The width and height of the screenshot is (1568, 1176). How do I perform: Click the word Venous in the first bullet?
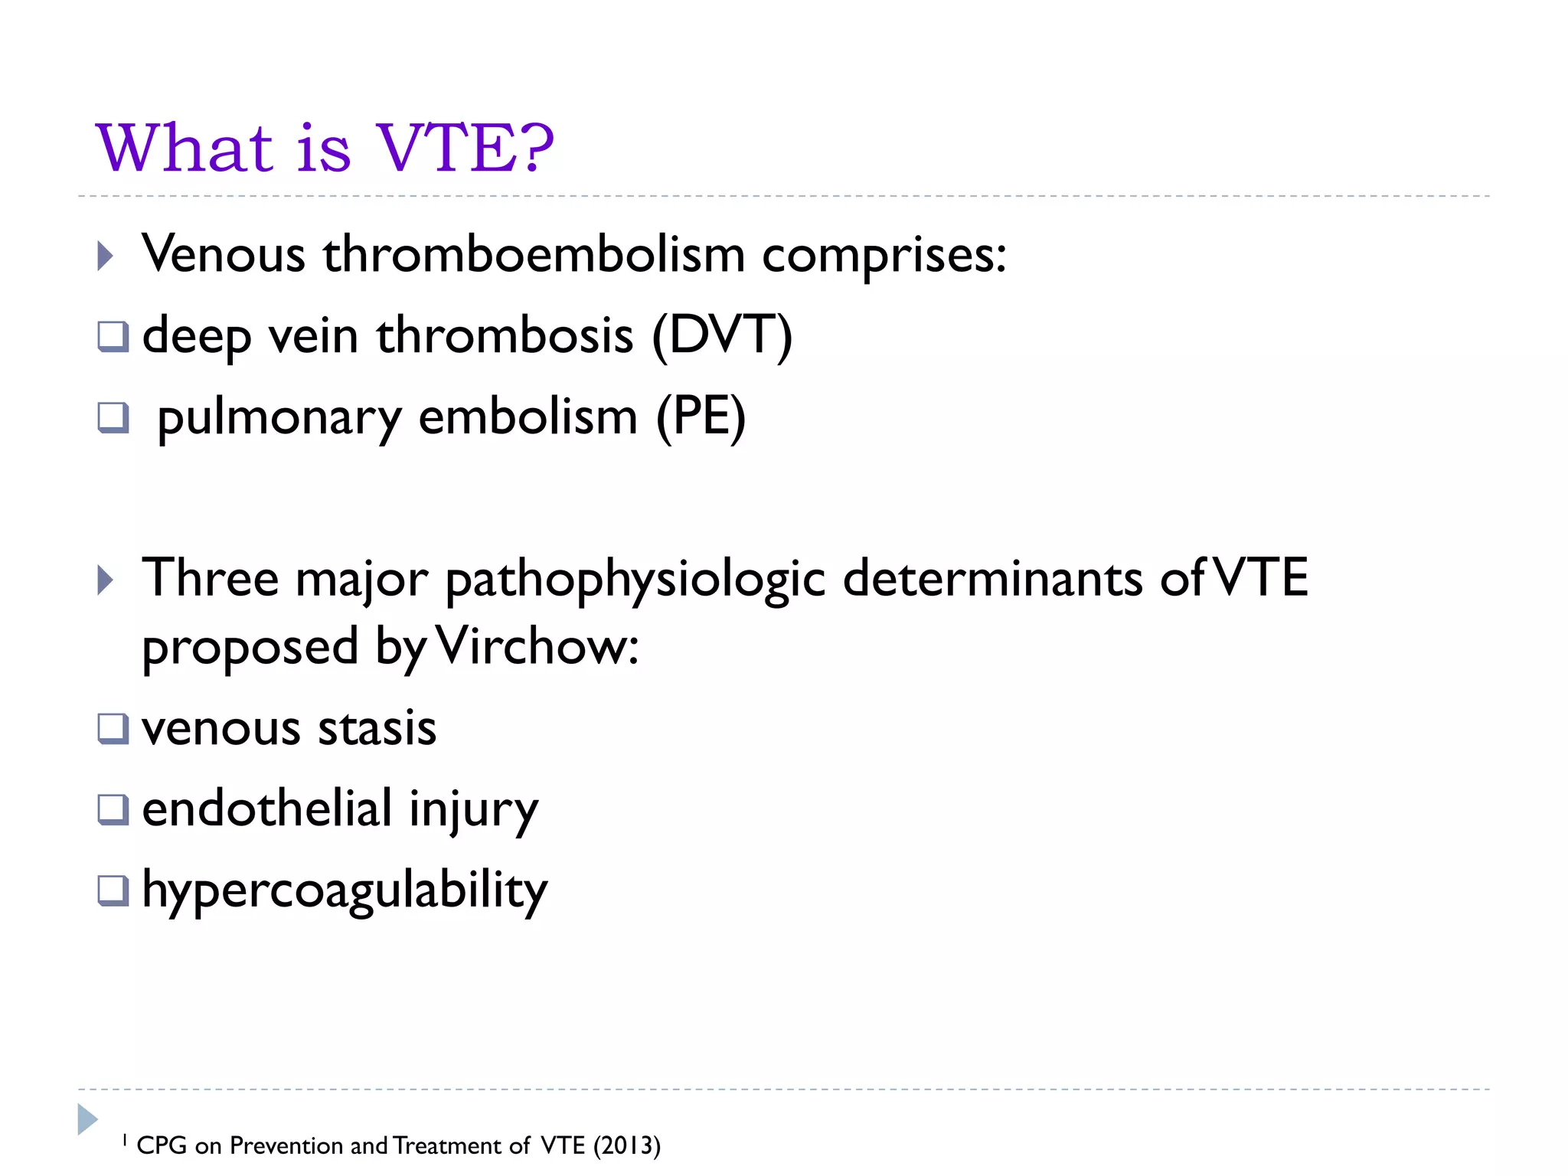224,254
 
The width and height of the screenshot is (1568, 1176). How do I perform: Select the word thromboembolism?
534,254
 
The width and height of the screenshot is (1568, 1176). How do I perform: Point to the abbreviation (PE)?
701,417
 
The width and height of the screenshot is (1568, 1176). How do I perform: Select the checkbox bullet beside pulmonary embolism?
113,418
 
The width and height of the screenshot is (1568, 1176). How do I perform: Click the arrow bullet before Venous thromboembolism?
106,256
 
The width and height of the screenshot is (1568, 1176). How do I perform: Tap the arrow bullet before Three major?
106,580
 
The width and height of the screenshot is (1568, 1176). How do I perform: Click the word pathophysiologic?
635,580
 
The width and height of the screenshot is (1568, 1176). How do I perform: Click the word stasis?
377,728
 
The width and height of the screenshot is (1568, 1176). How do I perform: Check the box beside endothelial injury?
113,810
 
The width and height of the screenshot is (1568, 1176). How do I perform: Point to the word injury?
473,810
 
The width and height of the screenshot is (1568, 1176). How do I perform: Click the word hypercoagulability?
345,891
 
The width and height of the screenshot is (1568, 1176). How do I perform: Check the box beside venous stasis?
113,729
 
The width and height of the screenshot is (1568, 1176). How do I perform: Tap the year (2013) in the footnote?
626,1145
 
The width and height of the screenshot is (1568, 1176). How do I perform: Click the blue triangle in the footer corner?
87,1119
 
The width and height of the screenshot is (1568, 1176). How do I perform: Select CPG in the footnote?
162,1145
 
